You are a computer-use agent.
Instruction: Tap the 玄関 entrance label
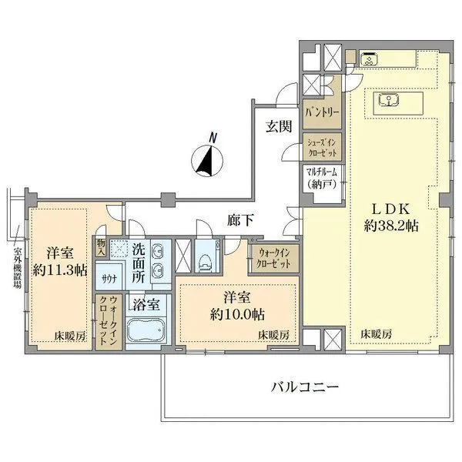279,126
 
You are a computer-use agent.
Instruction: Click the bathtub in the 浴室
146,330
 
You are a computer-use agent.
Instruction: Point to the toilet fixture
206,262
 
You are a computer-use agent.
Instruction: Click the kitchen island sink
388,99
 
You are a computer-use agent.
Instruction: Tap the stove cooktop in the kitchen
369,59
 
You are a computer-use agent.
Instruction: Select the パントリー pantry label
322,112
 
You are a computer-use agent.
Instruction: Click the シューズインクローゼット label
322,148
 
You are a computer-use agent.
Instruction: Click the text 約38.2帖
390,226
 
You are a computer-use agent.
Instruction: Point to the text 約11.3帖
60,269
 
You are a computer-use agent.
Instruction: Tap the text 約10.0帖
237,315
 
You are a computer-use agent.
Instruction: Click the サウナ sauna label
109,278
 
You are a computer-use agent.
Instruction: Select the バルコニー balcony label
305,387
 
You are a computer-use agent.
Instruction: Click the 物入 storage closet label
101,247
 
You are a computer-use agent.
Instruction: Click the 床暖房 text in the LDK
377,334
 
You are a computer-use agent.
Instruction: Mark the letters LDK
390,209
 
